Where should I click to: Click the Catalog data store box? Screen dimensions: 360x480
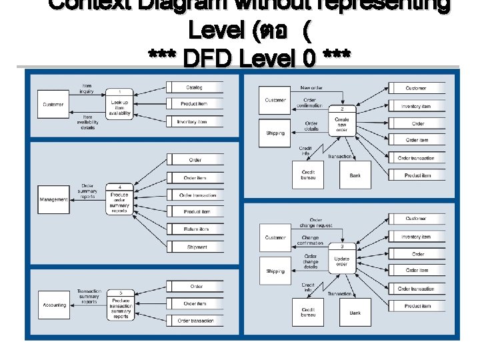click(194, 87)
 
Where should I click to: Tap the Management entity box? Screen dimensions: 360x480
click(53, 199)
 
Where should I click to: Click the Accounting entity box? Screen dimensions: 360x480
click(54, 305)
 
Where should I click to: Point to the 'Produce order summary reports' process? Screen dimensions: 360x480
click(119, 199)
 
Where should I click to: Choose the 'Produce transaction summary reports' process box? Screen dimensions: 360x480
click(121, 305)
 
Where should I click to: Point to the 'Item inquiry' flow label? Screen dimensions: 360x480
click(87, 88)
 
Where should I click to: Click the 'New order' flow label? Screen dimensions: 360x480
click(311, 88)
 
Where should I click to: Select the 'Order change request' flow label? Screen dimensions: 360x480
click(316, 223)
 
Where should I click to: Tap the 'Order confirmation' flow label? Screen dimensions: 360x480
click(310, 103)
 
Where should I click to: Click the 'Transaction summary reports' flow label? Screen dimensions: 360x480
click(89, 297)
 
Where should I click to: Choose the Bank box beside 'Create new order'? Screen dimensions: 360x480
click(355, 175)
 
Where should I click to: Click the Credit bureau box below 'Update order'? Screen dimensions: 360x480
click(307, 312)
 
